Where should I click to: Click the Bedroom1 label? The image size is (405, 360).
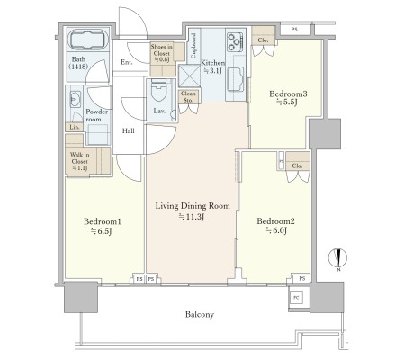pyautogui.click(x=103, y=221)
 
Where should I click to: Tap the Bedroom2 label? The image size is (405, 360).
pyautogui.click(x=275, y=221)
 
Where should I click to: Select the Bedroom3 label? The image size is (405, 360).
pyautogui.click(x=288, y=94)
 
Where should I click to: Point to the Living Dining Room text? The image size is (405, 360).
pyautogui.click(x=193, y=206)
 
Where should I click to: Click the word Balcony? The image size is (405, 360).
pyautogui.click(x=200, y=314)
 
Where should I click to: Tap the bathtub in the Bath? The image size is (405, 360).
pyautogui.click(x=88, y=40)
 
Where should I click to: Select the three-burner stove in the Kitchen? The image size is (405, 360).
pyautogui.click(x=235, y=41)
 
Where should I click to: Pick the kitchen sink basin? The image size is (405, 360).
pyautogui.click(x=237, y=78)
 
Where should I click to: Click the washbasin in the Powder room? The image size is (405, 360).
pyautogui.click(x=76, y=99)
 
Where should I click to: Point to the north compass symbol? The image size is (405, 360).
pyautogui.click(x=338, y=258)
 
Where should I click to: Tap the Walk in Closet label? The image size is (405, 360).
pyautogui.click(x=80, y=161)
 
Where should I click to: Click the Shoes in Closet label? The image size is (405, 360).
pyautogui.click(x=162, y=53)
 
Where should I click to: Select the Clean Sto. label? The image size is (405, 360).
pyautogui.click(x=188, y=97)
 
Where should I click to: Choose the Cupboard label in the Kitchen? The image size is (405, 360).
pyautogui.click(x=193, y=46)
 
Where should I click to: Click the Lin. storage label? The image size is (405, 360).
pyautogui.click(x=75, y=127)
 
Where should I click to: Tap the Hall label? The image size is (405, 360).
pyautogui.click(x=129, y=130)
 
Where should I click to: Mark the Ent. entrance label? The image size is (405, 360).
pyautogui.click(x=127, y=62)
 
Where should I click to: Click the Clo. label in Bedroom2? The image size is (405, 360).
pyautogui.click(x=297, y=166)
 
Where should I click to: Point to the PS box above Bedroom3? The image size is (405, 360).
pyautogui.click(x=294, y=30)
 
